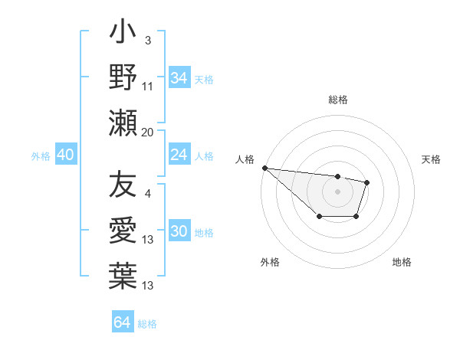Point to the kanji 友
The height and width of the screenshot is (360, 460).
pos(123,187)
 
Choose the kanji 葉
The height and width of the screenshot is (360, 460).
pos(123,274)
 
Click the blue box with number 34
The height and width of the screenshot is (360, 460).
pos(179,77)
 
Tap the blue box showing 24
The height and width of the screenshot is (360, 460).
pos(179,155)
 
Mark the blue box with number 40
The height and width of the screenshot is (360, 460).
pos(65,155)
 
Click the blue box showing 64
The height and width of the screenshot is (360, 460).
pos(122,322)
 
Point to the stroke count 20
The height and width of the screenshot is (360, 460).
pos(148,132)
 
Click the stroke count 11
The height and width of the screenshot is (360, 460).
pos(148,87)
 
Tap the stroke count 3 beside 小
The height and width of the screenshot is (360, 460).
pos(147,40)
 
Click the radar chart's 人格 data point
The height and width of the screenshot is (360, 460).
pos(264,168)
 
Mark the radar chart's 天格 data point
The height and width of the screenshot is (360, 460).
pos(367,182)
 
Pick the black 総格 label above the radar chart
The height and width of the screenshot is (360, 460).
pos(338,100)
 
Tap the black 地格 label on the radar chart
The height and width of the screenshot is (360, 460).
pos(402,262)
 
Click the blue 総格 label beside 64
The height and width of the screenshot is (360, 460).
pos(147,324)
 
